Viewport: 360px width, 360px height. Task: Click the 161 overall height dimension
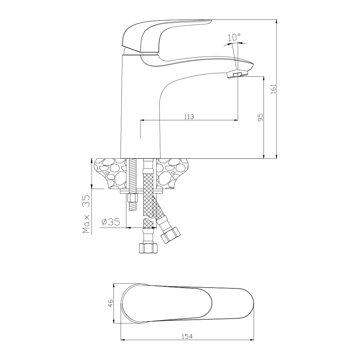pyautogui.click(x=273, y=89)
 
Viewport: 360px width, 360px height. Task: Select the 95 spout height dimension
pyautogui.click(x=260, y=117)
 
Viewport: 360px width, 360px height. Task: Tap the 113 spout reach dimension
pyautogui.click(x=189, y=117)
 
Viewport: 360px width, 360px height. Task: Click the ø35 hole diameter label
pyautogui.click(x=111, y=222)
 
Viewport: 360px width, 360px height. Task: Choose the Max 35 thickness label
pyautogui.click(x=86, y=214)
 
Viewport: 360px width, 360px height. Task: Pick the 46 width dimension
pyautogui.click(x=111, y=303)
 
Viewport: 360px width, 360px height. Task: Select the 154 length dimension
pyautogui.click(x=187, y=337)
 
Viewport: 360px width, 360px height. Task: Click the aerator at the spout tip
pyautogui.click(x=237, y=75)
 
